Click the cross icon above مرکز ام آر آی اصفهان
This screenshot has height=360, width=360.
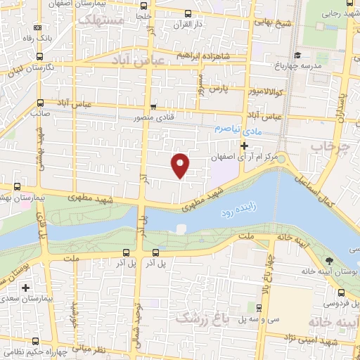pyautogui.click(x=244, y=146)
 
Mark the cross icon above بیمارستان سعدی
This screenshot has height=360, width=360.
pyautogui.click(x=26, y=288)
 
